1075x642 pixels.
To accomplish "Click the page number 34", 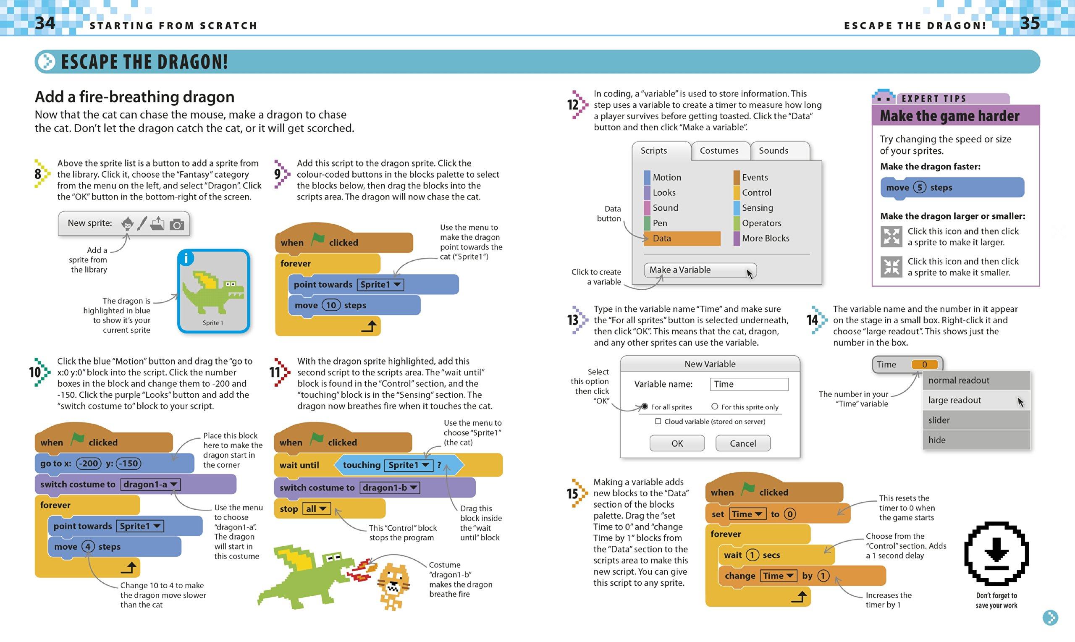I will click(45, 23).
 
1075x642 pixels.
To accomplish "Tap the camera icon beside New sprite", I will click(176, 224).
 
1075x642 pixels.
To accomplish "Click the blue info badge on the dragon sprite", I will click(186, 258).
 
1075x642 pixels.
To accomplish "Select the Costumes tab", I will click(719, 151).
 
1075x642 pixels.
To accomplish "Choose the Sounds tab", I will click(773, 151).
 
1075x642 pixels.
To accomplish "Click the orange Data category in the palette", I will click(682, 238).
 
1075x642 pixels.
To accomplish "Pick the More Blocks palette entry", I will click(765, 238).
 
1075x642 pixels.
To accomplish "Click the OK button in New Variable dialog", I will click(677, 443).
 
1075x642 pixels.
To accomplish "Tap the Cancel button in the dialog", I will click(743, 443).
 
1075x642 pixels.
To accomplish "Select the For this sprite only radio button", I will click(715, 407).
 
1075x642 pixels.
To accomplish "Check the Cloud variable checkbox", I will click(658, 422).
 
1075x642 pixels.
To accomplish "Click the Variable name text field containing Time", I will click(749, 384).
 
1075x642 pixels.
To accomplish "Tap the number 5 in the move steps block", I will click(919, 187).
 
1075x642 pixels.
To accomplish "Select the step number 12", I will click(573, 105).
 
